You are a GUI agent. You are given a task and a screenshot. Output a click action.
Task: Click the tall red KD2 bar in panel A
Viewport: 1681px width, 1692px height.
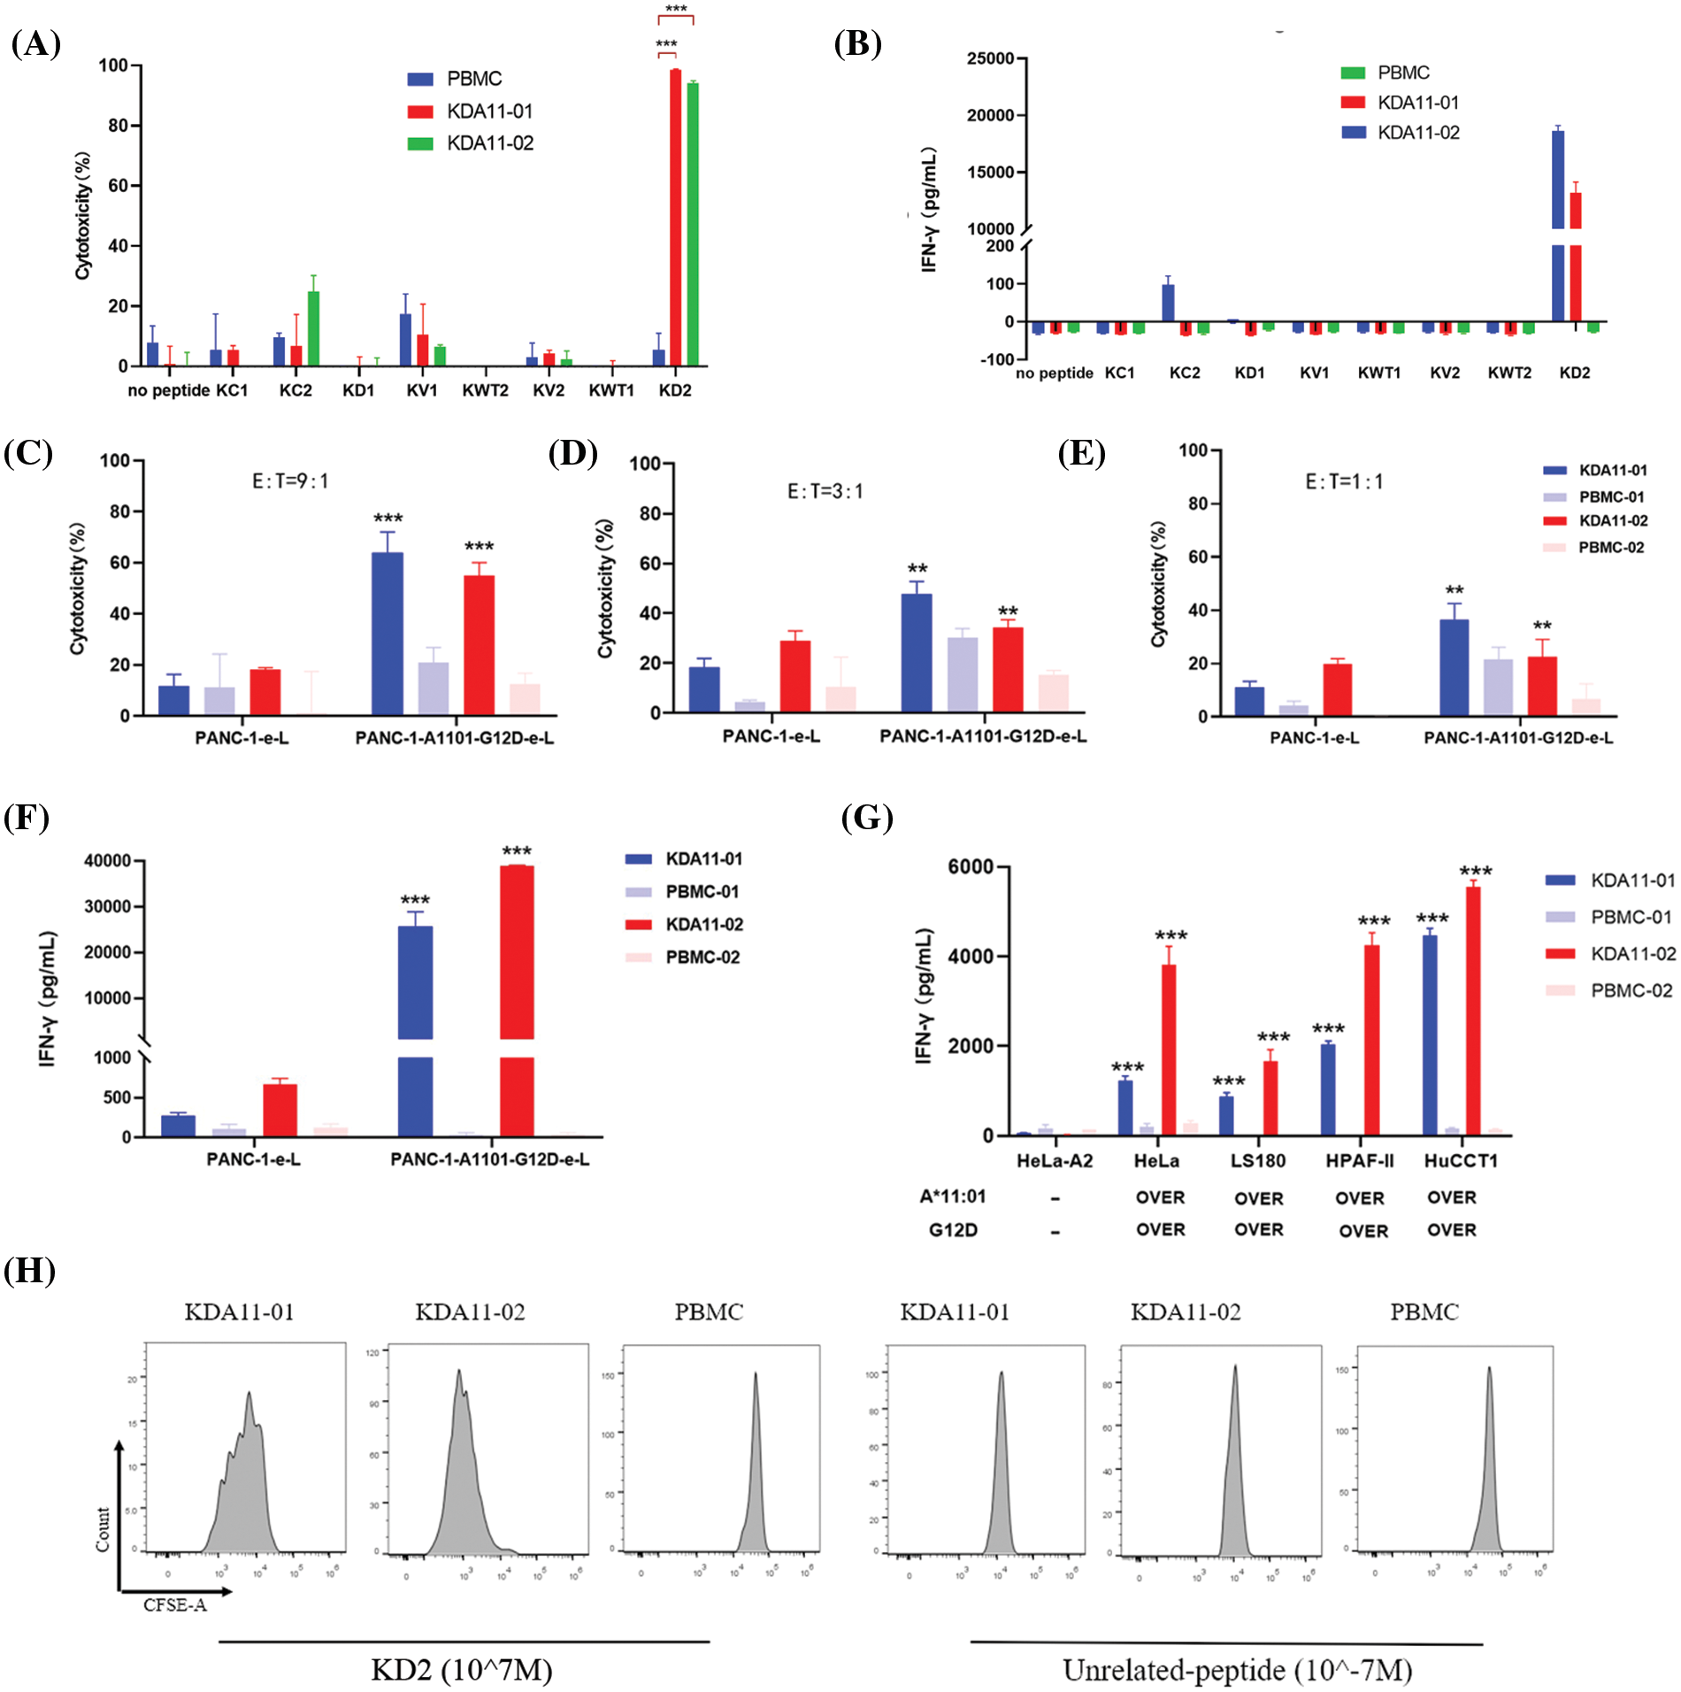[675, 217]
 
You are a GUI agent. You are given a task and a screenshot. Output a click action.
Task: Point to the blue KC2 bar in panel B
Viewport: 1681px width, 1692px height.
[1168, 303]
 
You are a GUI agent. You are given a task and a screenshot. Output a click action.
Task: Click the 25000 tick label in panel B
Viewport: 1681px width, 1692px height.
[990, 58]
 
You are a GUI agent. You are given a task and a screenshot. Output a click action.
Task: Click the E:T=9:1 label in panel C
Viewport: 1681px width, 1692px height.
[290, 481]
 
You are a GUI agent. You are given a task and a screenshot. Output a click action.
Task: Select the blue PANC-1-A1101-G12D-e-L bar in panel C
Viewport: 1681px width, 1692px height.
[388, 634]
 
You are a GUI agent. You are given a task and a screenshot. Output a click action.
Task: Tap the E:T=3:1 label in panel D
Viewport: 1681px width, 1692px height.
[825, 491]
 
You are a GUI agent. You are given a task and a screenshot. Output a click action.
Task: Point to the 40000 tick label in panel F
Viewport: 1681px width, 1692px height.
[107, 860]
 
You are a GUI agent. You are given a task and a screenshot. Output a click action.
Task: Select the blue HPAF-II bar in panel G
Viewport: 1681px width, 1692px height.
[1328, 1089]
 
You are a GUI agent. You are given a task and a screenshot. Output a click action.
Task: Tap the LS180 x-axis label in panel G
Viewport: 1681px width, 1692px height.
[1257, 1161]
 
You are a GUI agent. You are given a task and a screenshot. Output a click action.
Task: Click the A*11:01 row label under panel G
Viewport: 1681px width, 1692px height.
[952, 1196]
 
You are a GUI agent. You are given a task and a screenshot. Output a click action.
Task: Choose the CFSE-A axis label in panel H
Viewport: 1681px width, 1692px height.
[175, 1605]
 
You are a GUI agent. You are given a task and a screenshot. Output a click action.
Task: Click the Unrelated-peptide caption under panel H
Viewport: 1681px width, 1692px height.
[1237, 1670]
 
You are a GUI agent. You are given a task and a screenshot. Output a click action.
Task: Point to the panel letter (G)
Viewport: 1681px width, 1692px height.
[866, 817]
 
